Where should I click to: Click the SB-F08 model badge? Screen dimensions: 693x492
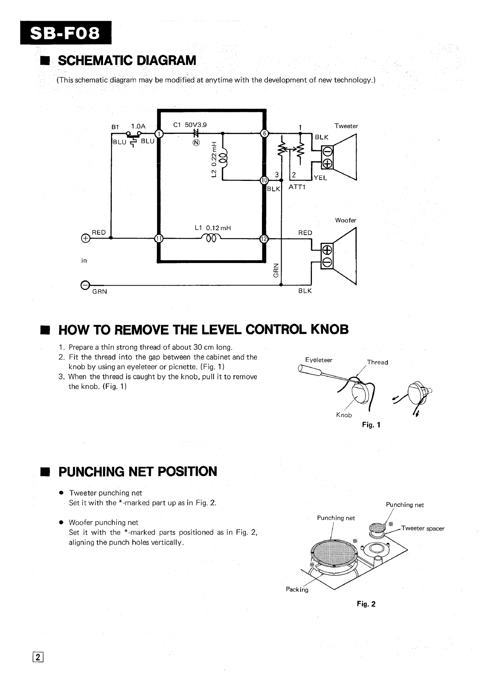pyautogui.click(x=66, y=33)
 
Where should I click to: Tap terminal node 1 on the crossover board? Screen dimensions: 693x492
pyautogui.click(x=159, y=133)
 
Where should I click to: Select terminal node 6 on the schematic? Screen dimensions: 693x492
pyautogui.click(x=264, y=133)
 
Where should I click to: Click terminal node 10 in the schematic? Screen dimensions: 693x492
pyautogui.click(x=264, y=180)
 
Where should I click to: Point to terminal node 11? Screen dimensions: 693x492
pyautogui.click(x=159, y=238)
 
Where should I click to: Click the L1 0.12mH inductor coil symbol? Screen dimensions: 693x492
pyautogui.click(x=211, y=237)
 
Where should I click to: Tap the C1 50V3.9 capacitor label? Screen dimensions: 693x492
pyautogui.click(x=190, y=125)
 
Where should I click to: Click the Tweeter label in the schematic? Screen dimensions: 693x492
pyautogui.click(x=346, y=126)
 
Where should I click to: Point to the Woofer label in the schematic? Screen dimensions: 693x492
pyautogui.click(x=346, y=220)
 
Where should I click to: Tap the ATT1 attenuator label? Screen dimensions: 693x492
pyautogui.click(x=297, y=187)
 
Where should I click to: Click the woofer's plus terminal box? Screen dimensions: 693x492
pyautogui.click(x=327, y=249)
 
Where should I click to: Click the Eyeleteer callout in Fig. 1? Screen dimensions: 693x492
pyautogui.click(x=319, y=360)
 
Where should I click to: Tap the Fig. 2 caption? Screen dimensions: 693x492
pyautogui.click(x=366, y=604)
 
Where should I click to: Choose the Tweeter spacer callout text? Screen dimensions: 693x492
pyautogui.click(x=423, y=528)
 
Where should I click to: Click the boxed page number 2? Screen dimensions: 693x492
pyautogui.click(x=38, y=657)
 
